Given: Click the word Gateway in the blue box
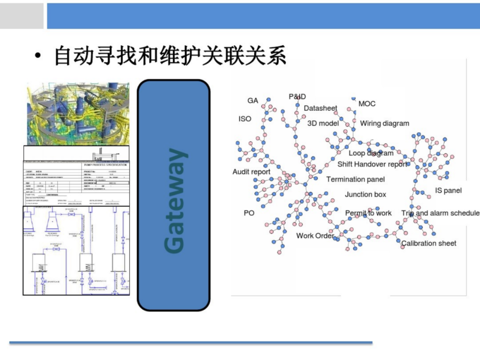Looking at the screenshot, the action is coord(174,201).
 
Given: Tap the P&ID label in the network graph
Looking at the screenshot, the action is coord(297,97).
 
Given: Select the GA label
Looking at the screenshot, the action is coord(253,101).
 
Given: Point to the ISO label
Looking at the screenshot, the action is coord(245,119).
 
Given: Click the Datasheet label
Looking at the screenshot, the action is coord(320,108).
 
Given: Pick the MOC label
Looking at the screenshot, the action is coord(367,104).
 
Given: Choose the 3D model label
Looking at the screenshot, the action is coord(323,124).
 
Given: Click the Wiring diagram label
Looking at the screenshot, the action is coord(384,124).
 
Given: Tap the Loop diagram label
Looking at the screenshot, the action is coord(371,153).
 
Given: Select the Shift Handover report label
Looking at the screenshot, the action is coord(372,164).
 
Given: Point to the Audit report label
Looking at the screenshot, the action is coord(252,172).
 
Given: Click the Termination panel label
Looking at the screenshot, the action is coord(356,180).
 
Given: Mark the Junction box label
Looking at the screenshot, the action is coord(365,195).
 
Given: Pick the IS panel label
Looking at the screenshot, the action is coord(448,191).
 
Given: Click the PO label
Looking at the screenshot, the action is coord(249,213).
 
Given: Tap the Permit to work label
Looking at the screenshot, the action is coord(368,213).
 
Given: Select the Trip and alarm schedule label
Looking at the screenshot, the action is coord(440,213).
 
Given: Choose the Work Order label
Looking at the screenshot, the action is coord(315,236).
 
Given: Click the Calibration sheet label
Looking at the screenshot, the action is coord(429,244).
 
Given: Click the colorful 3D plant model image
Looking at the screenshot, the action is coord(78,114).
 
